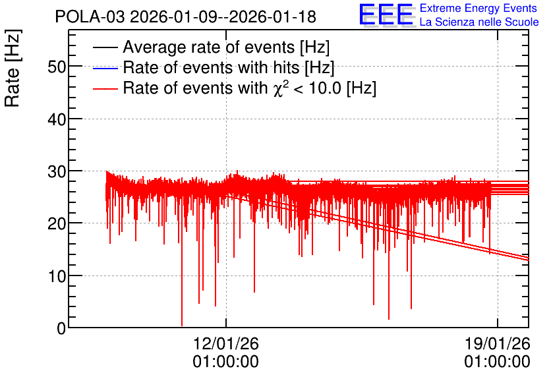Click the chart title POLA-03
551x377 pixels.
pyautogui.click(x=90, y=16)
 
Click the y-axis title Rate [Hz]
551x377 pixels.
pyautogui.click(x=13, y=68)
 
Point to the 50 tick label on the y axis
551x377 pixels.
pyautogui.click(x=57, y=67)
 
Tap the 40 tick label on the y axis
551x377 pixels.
pyautogui.click(x=57, y=119)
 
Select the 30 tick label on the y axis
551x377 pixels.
pyautogui.click(x=57, y=171)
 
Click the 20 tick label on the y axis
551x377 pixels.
pyautogui.click(x=57, y=224)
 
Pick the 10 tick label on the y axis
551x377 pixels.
pyautogui.click(x=57, y=277)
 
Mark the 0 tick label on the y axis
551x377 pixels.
pyautogui.click(x=61, y=328)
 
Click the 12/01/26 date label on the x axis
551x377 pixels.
pyautogui.click(x=226, y=343)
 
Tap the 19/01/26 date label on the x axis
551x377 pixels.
pyautogui.click(x=498, y=343)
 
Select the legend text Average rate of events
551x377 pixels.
pyautogui.click(x=209, y=47)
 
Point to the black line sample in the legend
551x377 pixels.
pyautogui.click(x=105, y=47)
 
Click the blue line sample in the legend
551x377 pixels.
pyautogui.click(x=105, y=68)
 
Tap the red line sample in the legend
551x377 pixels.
pyautogui.click(x=105, y=88)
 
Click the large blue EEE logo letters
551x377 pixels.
pyautogui.click(x=386, y=14)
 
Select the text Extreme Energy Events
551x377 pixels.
pyautogui.click(x=478, y=8)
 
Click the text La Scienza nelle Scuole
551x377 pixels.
pyautogui.click(x=479, y=22)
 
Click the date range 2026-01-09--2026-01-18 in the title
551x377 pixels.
pyautogui.click(x=223, y=16)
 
